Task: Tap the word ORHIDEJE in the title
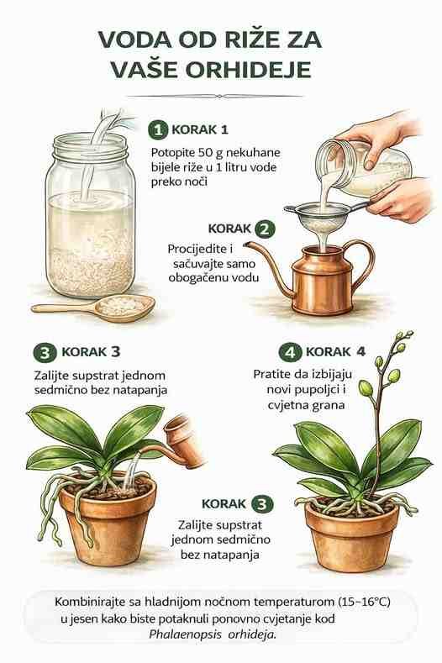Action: coord(248,70)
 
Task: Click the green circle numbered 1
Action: coord(158,129)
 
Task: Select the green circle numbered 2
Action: coord(265,229)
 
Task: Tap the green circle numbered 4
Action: coord(290,352)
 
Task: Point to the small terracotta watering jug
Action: coord(182,440)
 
